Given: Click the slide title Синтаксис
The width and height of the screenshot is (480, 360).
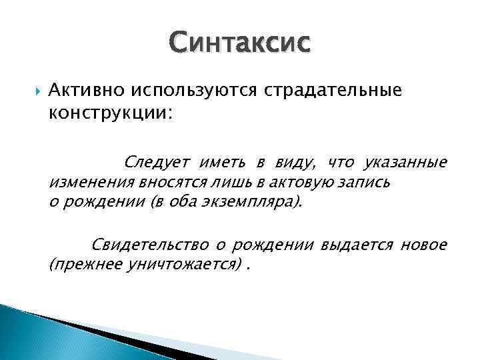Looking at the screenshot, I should click(x=239, y=45).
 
